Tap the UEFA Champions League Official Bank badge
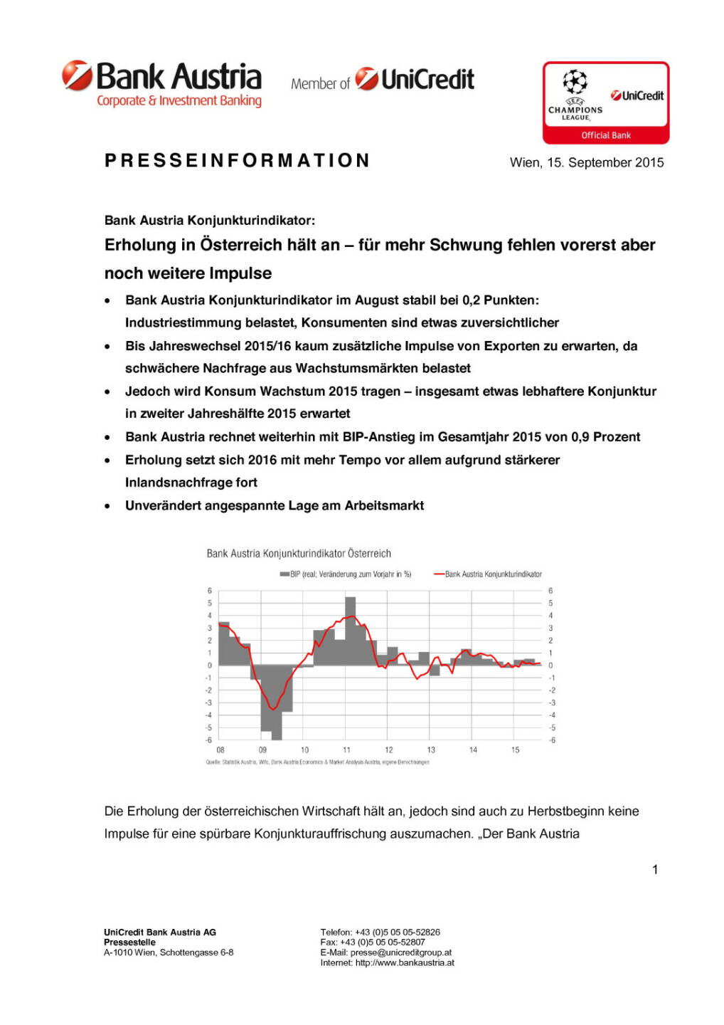(x=606, y=102)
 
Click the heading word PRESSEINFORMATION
(x=237, y=161)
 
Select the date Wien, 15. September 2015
(x=587, y=162)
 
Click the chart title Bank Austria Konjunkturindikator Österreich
(x=299, y=553)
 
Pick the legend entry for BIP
(x=346, y=574)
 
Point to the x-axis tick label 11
(x=346, y=750)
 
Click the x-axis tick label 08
(x=220, y=750)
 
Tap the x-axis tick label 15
(x=515, y=750)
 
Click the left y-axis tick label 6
(x=210, y=591)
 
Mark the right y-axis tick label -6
(x=552, y=740)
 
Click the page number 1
(x=655, y=869)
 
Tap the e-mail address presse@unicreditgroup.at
(x=400, y=952)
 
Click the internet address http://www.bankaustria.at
(x=405, y=963)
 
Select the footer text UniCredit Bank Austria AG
(x=160, y=932)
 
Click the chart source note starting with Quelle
(x=317, y=762)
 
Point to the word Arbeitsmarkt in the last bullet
(x=384, y=505)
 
